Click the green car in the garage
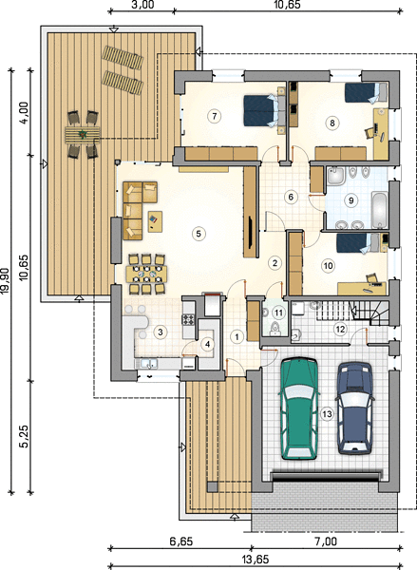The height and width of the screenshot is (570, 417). pos(299,408)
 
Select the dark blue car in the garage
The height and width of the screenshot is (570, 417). pos(355,408)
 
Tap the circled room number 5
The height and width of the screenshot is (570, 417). pos(199,234)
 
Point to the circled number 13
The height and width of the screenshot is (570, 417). pos(327,413)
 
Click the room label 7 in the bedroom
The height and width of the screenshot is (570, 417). pos(214,116)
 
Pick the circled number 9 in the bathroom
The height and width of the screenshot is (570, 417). pos(351,200)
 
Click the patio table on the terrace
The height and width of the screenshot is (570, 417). pos(83,135)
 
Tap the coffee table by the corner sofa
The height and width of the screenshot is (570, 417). pos(155,221)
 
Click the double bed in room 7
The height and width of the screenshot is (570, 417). pos(263,110)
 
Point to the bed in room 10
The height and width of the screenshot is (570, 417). pos(358,242)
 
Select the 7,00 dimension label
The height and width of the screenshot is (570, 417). pos(326,542)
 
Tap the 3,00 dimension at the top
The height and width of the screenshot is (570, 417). pos(142,5)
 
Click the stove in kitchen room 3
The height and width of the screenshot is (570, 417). pos(189,320)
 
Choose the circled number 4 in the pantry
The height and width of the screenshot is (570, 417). pos(207,344)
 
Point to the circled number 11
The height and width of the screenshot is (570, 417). pos(278,313)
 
